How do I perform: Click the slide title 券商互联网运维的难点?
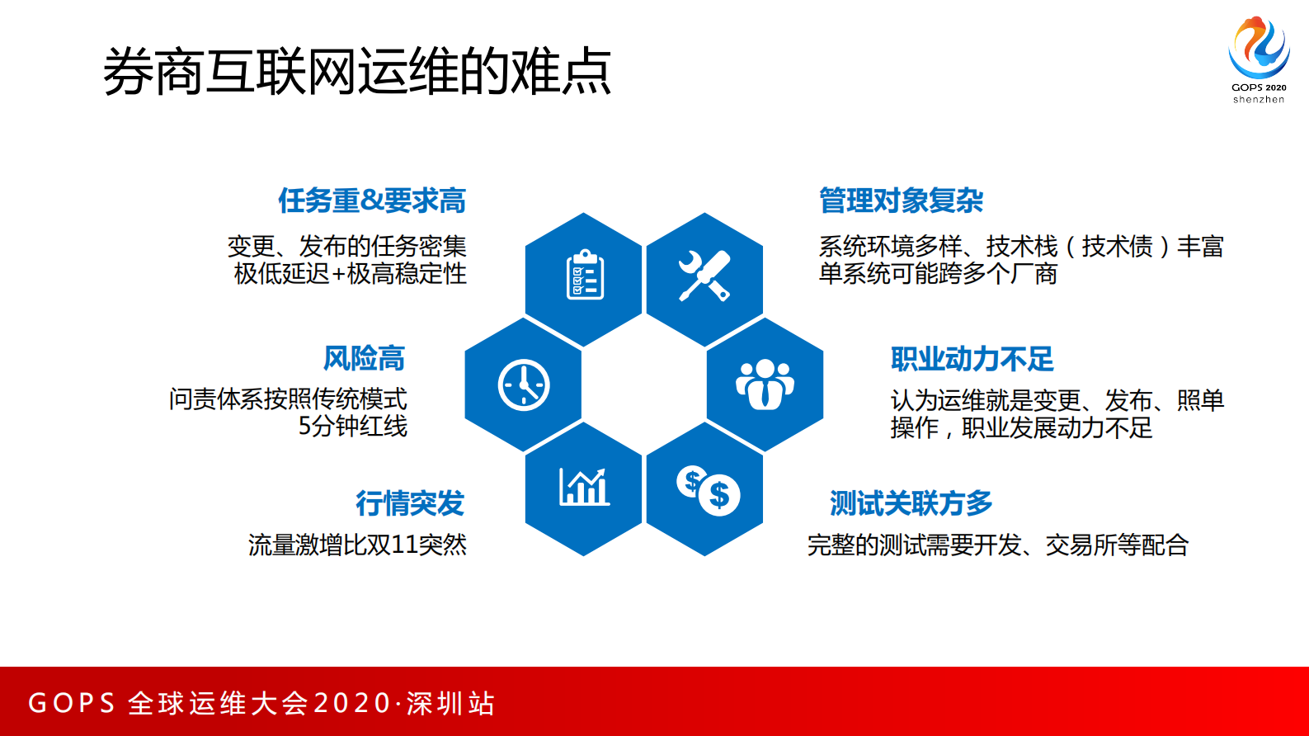click(x=356, y=72)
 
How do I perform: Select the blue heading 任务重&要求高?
click(x=372, y=201)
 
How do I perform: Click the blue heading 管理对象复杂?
click(x=901, y=201)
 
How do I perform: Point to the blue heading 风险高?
click(x=364, y=358)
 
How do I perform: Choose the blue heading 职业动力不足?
click(x=972, y=359)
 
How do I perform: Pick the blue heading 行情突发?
click(x=410, y=502)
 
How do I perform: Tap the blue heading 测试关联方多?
click(x=911, y=502)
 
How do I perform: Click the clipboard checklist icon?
click(x=585, y=276)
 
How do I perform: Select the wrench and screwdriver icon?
click(x=704, y=276)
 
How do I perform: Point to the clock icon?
click(x=524, y=385)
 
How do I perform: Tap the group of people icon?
click(x=765, y=385)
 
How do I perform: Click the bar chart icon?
click(x=584, y=487)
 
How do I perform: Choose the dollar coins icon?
click(x=708, y=490)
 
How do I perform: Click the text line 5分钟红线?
click(x=352, y=426)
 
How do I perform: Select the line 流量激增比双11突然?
click(x=357, y=545)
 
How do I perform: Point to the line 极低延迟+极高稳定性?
click(x=350, y=273)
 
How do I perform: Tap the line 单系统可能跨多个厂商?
click(x=937, y=273)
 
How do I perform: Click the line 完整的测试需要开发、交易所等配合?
click(x=997, y=545)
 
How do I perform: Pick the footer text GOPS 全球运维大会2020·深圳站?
click(x=261, y=703)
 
